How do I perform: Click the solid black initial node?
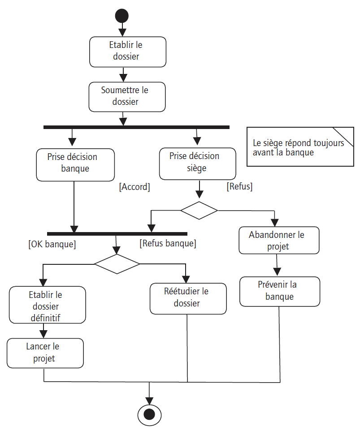[x=122, y=16]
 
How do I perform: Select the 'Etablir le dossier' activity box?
[x=128, y=52]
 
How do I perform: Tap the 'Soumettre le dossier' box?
[x=127, y=96]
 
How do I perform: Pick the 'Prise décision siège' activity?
[x=197, y=163]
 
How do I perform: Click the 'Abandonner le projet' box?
[x=278, y=240]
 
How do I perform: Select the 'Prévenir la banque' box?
[x=280, y=291]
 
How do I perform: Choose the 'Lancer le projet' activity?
[x=45, y=353]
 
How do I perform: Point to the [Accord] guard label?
[x=134, y=187]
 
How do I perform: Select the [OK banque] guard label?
[x=52, y=245]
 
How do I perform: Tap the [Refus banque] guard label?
[x=168, y=244]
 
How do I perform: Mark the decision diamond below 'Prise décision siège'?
[x=199, y=210]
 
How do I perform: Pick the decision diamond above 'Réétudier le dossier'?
[x=117, y=264]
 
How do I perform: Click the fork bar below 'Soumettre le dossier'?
[x=136, y=127]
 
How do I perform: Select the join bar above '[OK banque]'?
[x=117, y=233]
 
